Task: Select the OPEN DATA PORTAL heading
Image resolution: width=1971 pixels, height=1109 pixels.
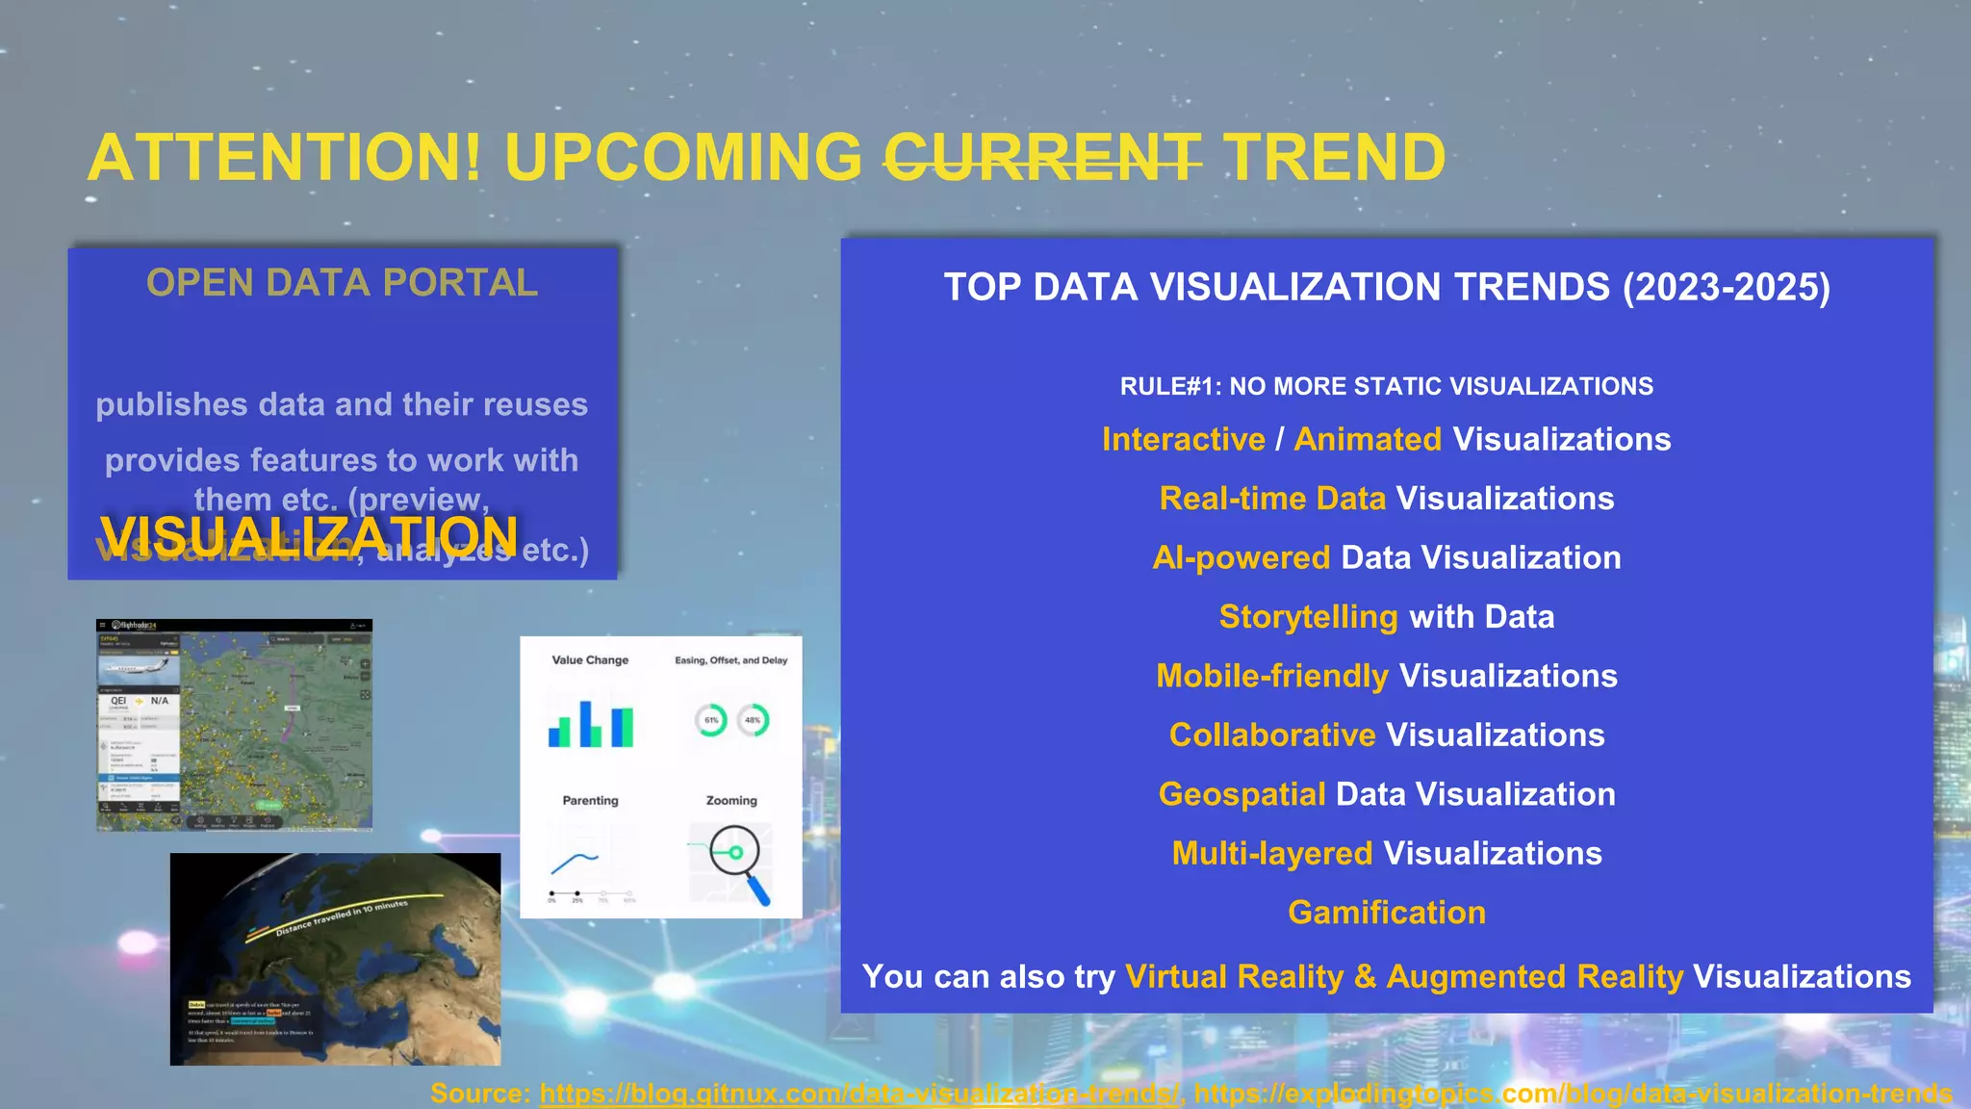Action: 342,283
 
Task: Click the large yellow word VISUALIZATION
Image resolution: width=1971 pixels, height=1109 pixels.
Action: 309,536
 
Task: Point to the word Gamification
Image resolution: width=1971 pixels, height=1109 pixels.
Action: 1386,913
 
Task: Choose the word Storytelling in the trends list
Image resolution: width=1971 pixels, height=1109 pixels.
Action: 1308,616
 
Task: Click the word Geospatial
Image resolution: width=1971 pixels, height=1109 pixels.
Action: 1241,794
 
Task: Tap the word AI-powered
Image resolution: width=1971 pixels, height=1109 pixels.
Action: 1241,557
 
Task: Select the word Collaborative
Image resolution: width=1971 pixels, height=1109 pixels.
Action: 1272,735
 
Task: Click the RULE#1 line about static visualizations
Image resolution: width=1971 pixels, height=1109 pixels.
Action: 1386,386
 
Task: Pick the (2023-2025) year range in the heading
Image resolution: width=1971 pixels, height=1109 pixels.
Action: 1727,287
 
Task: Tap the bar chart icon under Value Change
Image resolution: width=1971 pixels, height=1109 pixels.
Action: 591,724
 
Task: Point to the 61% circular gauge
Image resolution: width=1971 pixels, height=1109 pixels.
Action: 711,720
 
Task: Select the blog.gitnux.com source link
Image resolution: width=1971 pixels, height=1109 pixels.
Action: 860,1094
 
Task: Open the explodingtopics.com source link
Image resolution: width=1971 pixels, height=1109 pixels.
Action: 1573,1094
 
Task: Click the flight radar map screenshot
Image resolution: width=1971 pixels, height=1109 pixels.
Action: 234,724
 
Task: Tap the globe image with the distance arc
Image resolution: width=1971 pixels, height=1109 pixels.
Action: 335,959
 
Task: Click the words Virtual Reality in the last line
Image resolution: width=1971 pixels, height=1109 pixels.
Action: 1235,976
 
